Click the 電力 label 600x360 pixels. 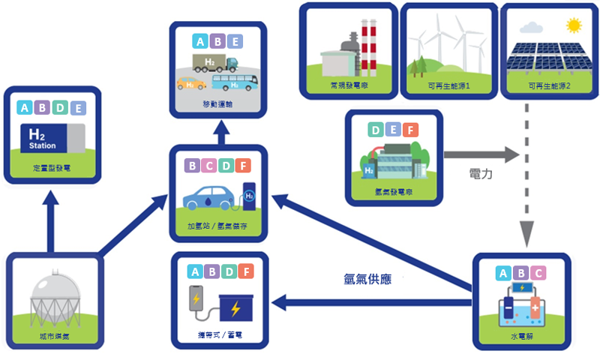(479, 174)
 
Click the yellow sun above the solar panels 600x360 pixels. (574, 26)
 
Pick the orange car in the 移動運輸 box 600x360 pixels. (190, 82)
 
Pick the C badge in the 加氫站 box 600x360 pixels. (209, 165)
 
